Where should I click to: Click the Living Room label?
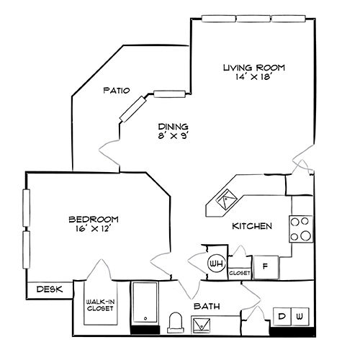coord(253,68)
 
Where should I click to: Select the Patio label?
coord(115,91)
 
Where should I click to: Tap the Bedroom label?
coord(94,219)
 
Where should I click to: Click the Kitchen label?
coord(251,226)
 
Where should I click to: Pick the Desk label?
coord(49,289)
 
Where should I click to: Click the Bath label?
coord(206,307)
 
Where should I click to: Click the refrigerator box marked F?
coord(265,265)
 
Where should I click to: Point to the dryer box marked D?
coord(282,317)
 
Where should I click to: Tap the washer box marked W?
coord(300,317)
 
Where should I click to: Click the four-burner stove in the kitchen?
coord(301,228)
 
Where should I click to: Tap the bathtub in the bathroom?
coord(146,305)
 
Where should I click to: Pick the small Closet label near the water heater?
coord(239,274)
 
